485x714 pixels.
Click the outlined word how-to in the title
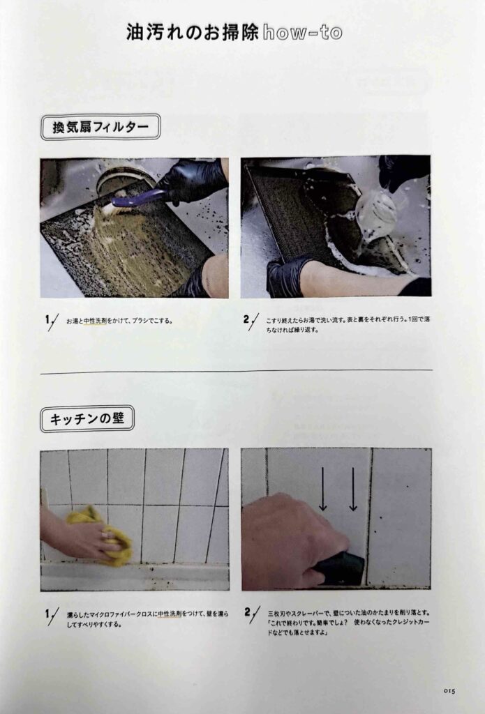[x=303, y=32]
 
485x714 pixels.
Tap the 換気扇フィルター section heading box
[x=100, y=127]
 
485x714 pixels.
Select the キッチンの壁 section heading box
[x=87, y=418]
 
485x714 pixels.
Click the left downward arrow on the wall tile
[x=322, y=489]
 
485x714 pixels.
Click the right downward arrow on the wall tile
[x=353, y=489]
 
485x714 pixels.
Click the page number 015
[x=449, y=691]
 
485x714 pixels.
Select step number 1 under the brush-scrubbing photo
[x=48, y=320]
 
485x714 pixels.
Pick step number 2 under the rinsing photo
[x=246, y=319]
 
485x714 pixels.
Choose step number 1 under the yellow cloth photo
[x=48, y=614]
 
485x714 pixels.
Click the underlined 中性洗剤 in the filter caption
[x=95, y=321]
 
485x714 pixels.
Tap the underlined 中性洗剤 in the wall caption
[x=170, y=614]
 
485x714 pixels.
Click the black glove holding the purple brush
[x=194, y=180]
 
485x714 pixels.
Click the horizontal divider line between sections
[x=236, y=372]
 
